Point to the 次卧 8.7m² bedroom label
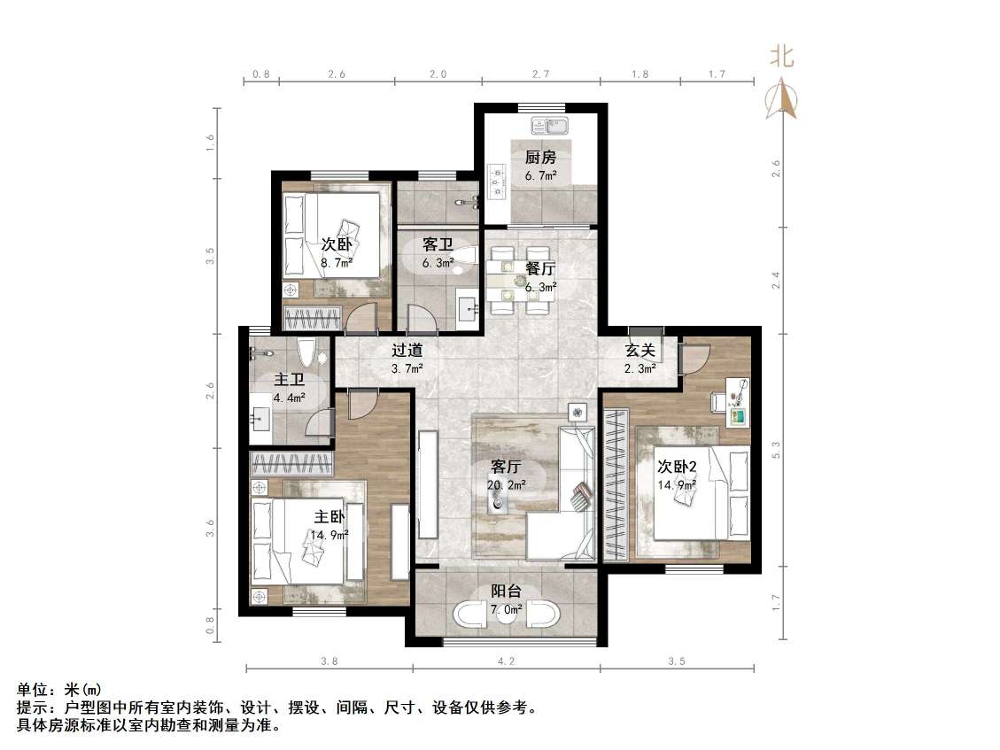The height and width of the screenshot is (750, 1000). (337, 244)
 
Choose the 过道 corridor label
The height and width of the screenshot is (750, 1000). (407, 350)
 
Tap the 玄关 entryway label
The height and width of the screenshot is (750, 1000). (639, 350)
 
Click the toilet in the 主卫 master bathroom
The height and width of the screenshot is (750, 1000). (306, 353)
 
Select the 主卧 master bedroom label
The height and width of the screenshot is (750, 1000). (329, 517)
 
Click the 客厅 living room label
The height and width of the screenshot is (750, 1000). (507, 467)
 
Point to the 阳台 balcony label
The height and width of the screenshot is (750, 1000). (506, 591)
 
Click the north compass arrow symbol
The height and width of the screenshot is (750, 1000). (781, 98)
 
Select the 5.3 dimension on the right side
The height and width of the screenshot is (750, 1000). (776, 450)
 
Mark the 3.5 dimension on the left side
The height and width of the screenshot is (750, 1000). (210, 256)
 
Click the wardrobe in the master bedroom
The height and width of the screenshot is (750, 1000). (292, 463)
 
